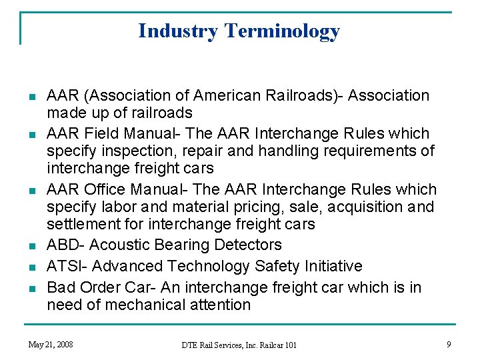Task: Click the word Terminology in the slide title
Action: pos(282,31)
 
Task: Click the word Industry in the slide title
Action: pos(178,31)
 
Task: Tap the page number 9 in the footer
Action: pos(449,344)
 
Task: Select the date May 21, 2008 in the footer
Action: pos(51,344)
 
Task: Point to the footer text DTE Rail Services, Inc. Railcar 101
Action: pos(239,345)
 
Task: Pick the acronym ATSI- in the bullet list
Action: pos(67,266)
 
